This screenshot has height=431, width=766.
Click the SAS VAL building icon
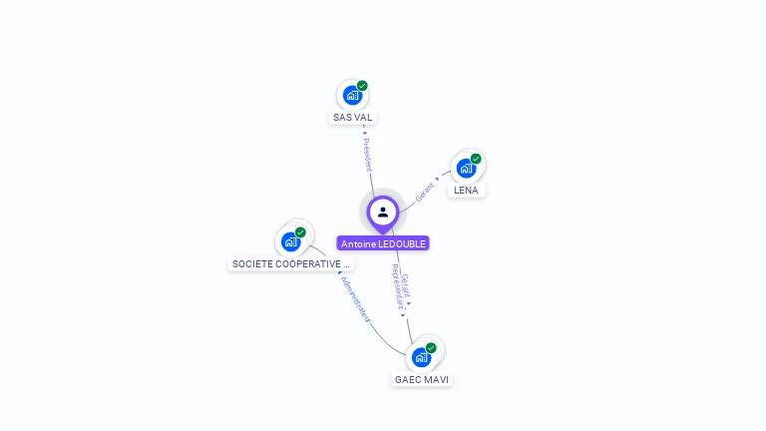pos(352,96)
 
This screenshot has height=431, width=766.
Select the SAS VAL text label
pos(352,118)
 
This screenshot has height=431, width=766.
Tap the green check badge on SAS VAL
pos(362,86)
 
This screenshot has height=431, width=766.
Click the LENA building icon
pos(466,169)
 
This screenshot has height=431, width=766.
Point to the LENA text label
pos(466,190)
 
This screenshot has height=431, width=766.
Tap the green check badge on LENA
pos(476,159)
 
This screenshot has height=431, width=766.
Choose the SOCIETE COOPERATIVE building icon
pos(290,241)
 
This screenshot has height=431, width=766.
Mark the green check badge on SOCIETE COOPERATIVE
pos(300,232)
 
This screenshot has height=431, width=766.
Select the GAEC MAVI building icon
pos(422,357)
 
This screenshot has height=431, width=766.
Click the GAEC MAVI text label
pos(422,379)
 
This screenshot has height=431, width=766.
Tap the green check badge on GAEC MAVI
pos(431,348)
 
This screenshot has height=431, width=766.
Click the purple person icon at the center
pos(383,212)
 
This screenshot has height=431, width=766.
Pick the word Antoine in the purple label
pos(358,243)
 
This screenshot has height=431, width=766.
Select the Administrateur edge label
pos(355,298)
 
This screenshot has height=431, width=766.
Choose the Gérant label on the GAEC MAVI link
pos(406,286)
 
